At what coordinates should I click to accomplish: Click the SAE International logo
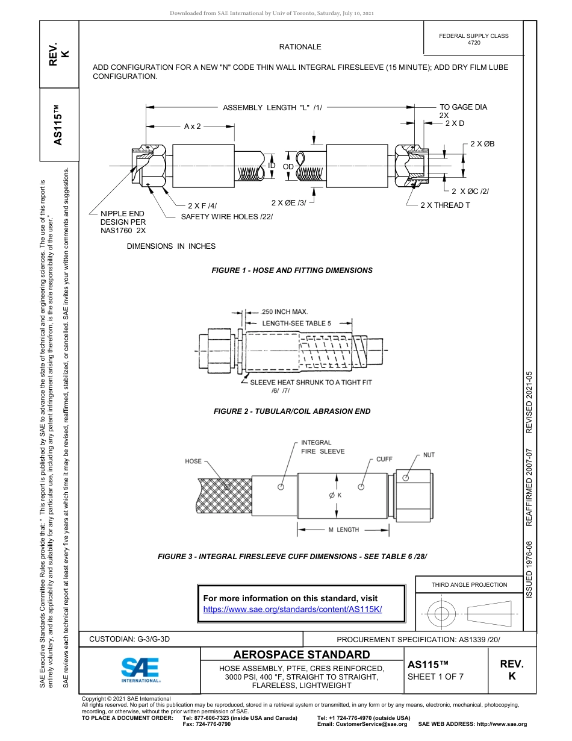tap(140, 669)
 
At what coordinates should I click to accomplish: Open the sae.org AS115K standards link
tap(293, 609)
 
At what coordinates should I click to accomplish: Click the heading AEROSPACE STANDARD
tap(302, 655)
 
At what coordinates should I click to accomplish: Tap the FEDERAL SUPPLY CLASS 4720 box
tap(473, 39)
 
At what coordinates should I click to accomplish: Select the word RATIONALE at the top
tap(300, 47)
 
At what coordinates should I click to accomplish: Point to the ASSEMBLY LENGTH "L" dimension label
tap(272, 108)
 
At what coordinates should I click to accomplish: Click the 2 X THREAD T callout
tap(445, 205)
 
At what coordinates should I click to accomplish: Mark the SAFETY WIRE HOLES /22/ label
tap(227, 216)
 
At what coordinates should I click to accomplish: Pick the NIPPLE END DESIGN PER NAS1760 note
tap(123, 222)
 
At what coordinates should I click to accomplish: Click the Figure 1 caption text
tap(292, 270)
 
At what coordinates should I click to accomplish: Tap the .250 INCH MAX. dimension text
tap(284, 311)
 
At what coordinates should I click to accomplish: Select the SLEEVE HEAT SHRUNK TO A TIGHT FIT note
tap(311, 383)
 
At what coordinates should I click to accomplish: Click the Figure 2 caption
tap(292, 411)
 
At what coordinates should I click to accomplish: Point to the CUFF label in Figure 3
tap(384, 459)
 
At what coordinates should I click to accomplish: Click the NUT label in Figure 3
tap(429, 455)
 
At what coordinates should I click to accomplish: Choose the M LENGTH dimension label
tap(343, 530)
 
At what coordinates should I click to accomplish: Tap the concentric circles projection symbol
tap(442, 614)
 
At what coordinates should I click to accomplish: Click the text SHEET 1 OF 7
tap(436, 676)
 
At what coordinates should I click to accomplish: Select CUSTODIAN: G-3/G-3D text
tap(129, 639)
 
